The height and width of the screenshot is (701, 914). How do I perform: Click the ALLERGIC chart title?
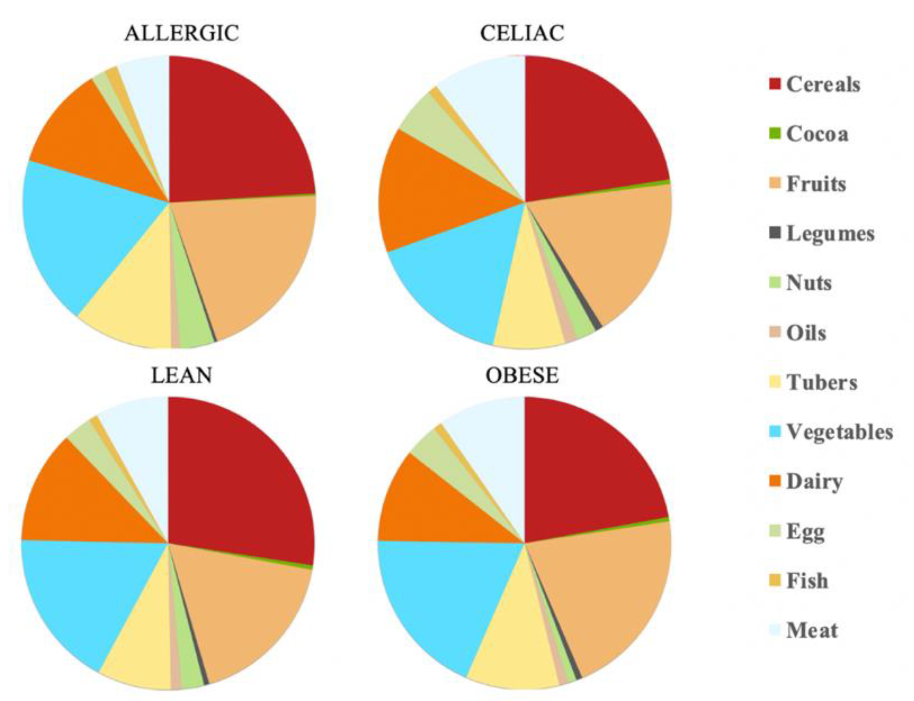tap(182, 34)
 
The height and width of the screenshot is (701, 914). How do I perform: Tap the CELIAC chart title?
tap(522, 34)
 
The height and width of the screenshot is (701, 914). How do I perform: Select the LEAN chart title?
tap(182, 376)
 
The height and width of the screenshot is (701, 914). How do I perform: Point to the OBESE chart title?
tap(522, 376)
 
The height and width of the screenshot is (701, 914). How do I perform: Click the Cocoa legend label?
tap(817, 134)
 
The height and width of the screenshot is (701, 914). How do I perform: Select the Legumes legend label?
tap(830, 234)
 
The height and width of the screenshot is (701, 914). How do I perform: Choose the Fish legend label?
tap(807, 581)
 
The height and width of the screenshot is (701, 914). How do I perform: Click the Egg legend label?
tap(805, 532)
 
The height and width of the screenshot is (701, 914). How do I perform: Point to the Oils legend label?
tap(806, 333)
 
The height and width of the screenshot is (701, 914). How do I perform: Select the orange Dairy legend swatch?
tap(775, 482)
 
